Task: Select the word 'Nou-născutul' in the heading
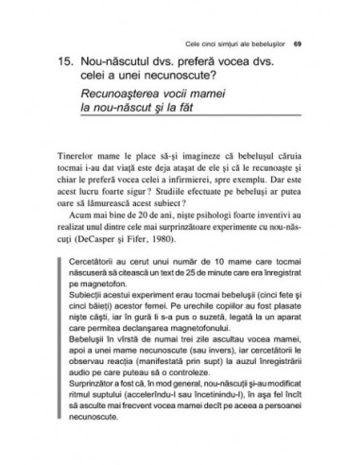[122, 64]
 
